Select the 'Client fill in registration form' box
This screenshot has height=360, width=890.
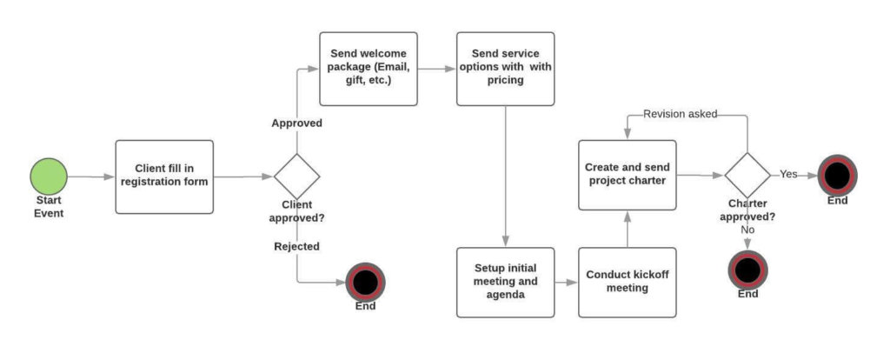(164, 177)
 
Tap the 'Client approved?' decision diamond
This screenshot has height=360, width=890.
(297, 177)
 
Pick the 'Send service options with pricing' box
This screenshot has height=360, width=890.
(505, 69)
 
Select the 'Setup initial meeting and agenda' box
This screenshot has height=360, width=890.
(505, 282)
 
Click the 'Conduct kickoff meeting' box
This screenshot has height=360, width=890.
(628, 282)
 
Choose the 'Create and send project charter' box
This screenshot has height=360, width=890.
(628, 174)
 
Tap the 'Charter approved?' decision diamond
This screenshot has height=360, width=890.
(747, 175)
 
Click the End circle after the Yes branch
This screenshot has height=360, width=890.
(837, 175)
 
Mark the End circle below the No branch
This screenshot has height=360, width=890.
(747, 270)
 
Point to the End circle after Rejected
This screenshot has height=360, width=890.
(365, 282)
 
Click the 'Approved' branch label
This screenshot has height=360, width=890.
(297, 123)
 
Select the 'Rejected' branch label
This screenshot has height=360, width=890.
(297, 246)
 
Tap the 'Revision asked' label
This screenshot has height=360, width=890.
(681, 114)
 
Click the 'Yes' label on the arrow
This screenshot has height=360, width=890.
(788, 174)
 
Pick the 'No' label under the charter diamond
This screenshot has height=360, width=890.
(747, 230)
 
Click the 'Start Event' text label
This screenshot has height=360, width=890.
(50, 207)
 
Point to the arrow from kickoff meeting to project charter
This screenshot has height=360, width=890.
(628, 229)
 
